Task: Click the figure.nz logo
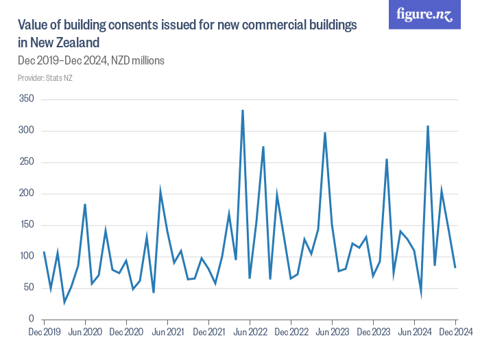point(424,15)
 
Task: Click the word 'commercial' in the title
point(260,25)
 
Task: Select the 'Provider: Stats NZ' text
point(45,78)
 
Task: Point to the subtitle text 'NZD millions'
point(137,61)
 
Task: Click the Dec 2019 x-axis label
point(44,333)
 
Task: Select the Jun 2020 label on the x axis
point(85,333)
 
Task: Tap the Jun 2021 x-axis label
point(167,333)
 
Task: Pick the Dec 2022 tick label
point(291,333)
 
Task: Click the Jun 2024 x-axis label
point(414,333)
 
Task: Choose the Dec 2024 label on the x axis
point(455,333)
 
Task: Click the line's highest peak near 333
point(243,110)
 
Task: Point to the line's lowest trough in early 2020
point(64,302)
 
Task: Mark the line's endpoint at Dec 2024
point(455,267)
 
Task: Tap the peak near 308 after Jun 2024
point(428,126)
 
